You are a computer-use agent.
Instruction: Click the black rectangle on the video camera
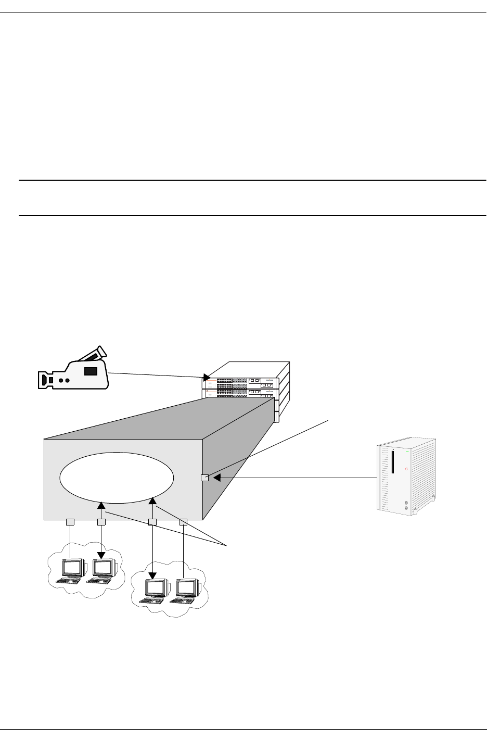tap(91, 371)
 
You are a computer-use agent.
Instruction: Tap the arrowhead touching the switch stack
tap(207, 377)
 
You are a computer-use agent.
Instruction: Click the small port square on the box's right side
tap(204, 478)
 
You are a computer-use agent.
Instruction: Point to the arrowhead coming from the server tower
tap(217, 478)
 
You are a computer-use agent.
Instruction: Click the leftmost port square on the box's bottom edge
tap(70, 522)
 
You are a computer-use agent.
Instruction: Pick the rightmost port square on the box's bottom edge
tap(183, 522)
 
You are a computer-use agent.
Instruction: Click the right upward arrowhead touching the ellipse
tap(152, 501)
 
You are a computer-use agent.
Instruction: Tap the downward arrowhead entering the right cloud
tap(152, 575)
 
